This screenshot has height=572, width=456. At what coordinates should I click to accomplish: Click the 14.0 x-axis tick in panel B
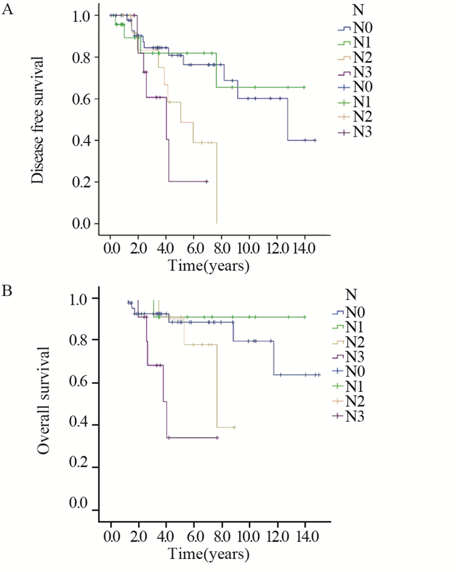coord(305,537)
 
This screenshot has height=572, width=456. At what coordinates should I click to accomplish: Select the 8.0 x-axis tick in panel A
coord(221,249)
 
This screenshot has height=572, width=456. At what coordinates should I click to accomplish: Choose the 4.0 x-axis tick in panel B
coord(166,537)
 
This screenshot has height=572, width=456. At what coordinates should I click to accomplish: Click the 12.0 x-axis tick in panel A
coord(277,249)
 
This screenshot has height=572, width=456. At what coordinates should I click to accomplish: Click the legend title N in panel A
coord(356,12)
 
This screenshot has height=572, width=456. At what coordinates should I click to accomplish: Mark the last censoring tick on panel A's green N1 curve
coord(304,87)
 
